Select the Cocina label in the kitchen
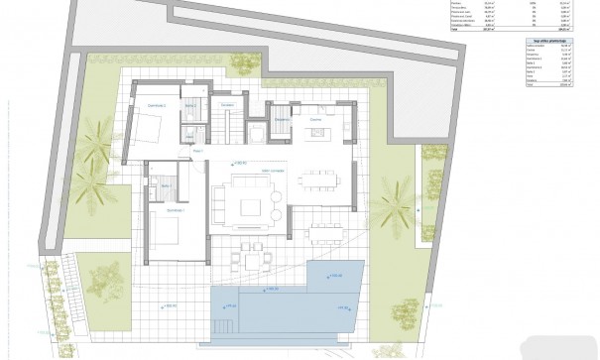315,120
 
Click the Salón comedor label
244,171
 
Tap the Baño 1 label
164,183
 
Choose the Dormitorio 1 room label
176,209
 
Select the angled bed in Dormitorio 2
152,127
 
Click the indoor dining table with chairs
319,180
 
